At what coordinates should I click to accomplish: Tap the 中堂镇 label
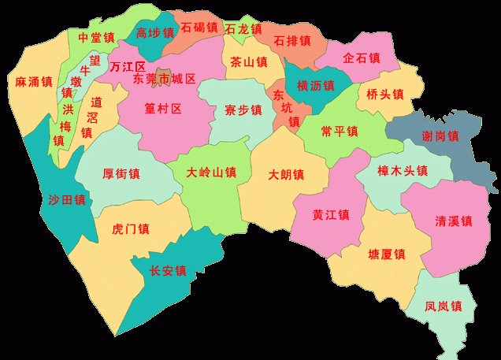[96, 38]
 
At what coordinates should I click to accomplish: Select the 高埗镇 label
[153, 33]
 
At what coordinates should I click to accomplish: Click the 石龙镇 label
[243, 28]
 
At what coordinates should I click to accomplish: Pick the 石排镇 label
[291, 40]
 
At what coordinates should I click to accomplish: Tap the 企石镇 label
[362, 58]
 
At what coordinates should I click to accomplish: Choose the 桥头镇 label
[384, 94]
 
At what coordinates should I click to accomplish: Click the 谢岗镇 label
[442, 135]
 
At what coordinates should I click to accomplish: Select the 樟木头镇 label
[403, 170]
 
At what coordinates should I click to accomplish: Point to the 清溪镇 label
[453, 221]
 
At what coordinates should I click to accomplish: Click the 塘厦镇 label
[386, 254]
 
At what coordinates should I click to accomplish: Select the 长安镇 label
[169, 271]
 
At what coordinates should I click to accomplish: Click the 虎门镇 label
[131, 229]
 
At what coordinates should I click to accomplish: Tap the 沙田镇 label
[67, 200]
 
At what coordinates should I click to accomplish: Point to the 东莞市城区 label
[165, 80]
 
